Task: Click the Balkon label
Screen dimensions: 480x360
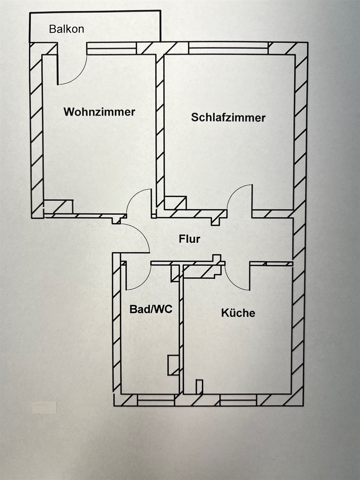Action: (66, 29)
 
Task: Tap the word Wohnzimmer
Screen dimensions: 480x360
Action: (99, 112)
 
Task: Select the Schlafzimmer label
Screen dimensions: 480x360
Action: (228, 118)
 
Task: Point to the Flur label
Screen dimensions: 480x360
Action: (189, 240)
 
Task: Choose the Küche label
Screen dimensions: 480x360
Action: (238, 313)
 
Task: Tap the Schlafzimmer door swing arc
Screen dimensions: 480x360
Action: (236, 192)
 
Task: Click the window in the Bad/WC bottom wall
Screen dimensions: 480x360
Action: (156, 400)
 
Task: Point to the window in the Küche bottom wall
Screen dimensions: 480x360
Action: (238, 400)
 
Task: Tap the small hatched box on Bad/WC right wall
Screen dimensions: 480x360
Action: (173, 365)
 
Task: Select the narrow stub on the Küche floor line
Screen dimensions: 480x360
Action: (199, 387)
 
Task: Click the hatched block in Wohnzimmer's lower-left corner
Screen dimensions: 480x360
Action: (58, 206)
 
